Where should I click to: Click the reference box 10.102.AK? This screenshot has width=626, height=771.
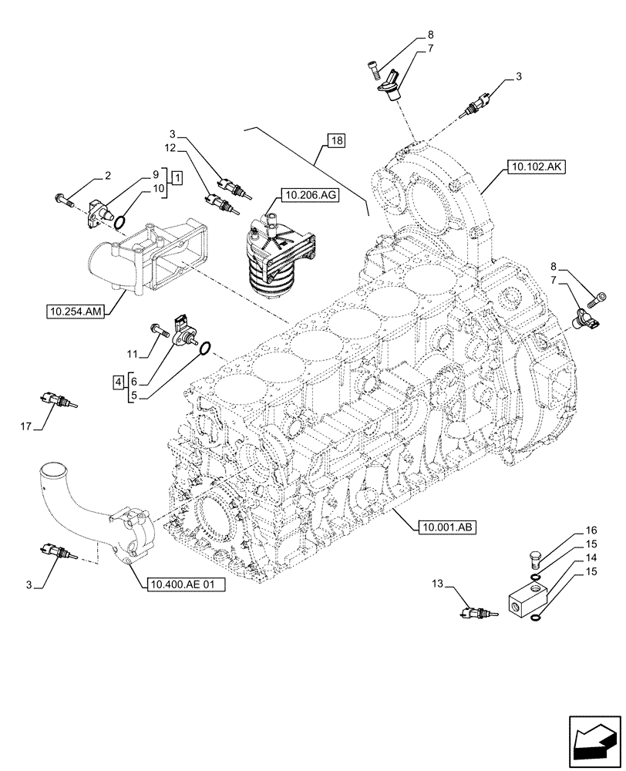pyautogui.click(x=536, y=165)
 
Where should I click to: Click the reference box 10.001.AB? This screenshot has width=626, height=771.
pyautogui.click(x=446, y=527)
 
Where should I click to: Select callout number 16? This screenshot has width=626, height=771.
pyautogui.click(x=591, y=531)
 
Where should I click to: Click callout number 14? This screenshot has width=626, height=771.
pyautogui.click(x=591, y=557)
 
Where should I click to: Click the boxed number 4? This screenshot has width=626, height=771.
pyautogui.click(x=117, y=381)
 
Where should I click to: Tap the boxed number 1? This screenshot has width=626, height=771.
pyautogui.click(x=177, y=179)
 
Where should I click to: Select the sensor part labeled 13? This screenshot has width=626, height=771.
pyautogui.click(x=480, y=613)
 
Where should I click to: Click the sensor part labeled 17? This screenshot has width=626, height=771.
pyautogui.click(x=56, y=399)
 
